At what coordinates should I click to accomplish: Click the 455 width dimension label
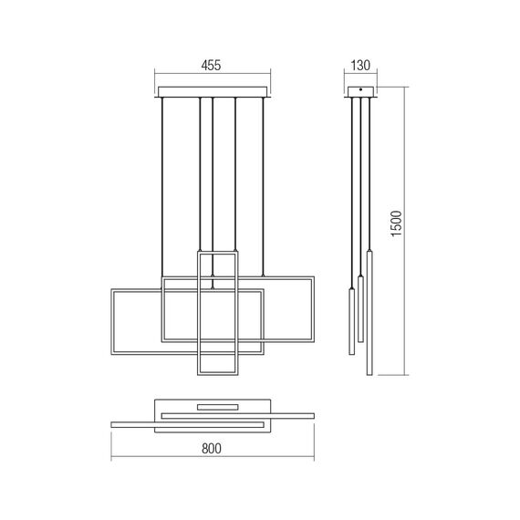coord(213,65)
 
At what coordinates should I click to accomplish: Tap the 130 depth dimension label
coord(361,65)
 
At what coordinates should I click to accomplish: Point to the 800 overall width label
coord(213,449)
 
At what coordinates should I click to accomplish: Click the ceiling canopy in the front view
coord(213,91)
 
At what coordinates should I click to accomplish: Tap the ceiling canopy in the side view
coord(361,91)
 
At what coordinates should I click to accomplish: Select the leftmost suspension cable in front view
coord(162,182)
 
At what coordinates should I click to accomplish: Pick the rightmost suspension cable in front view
coord(264,182)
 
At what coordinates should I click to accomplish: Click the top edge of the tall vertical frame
coord(216,253)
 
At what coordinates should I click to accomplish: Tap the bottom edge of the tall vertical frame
coord(216,372)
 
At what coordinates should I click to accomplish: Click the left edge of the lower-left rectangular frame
coord(111,323)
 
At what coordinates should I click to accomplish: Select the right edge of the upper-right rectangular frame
coord(314,307)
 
